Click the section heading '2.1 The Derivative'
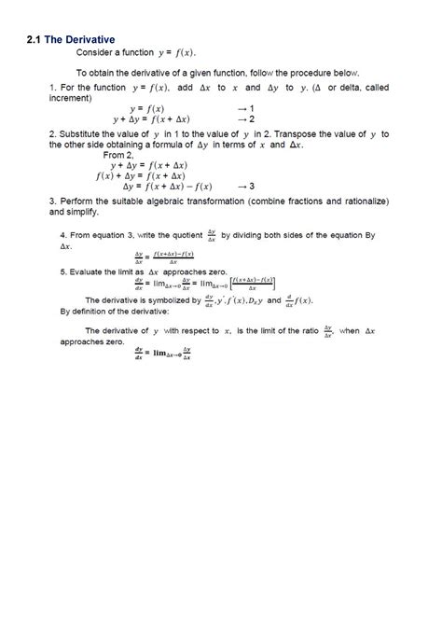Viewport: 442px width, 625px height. pyautogui.click(x=70, y=39)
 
